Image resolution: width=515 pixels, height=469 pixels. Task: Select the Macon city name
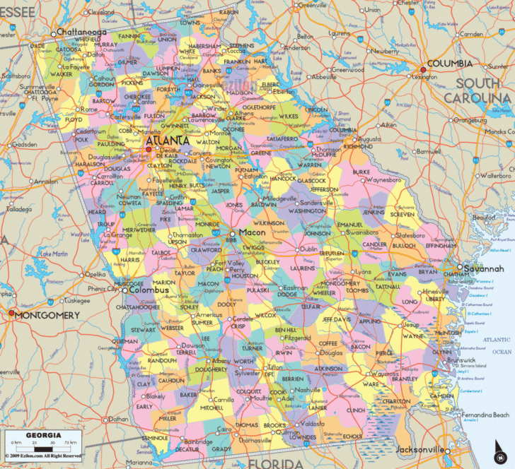pyautogui.click(x=253, y=232)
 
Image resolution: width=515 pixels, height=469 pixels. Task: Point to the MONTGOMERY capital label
pyautogui.click(x=47, y=315)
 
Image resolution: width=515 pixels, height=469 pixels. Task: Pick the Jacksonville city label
pyautogui.click(x=419, y=450)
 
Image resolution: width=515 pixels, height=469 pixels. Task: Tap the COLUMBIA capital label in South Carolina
pyautogui.click(x=450, y=64)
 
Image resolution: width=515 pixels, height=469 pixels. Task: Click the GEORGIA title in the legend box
pyautogui.click(x=43, y=435)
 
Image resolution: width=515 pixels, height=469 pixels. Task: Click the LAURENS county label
pyautogui.click(x=303, y=268)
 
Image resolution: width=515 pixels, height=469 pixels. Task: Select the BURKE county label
pyautogui.click(x=361, y=172)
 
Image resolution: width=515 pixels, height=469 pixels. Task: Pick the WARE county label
pyautogui.click(x=371, y=384)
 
